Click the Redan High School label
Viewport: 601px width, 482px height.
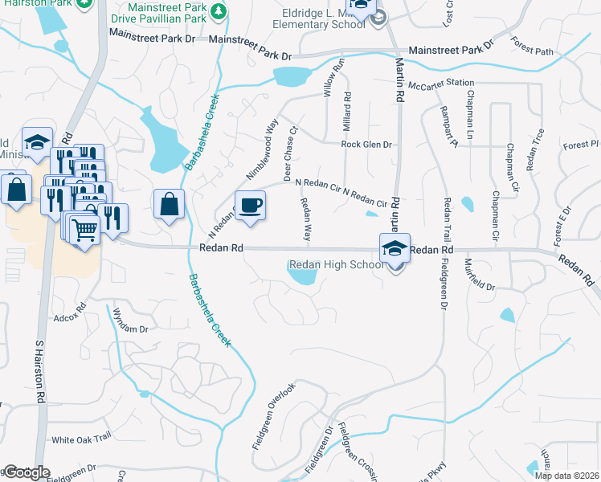(x=336, y=265)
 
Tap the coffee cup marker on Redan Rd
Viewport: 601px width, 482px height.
(x=250, y=206)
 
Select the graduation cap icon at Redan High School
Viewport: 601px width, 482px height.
(x=395, y=248)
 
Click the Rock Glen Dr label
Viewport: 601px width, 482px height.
(x=366, y=145)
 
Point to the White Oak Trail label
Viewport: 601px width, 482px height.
(x=80, y=439)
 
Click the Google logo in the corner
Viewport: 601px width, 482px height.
(x=26, y=472)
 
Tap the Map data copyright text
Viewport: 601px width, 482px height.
(x=566, y=476)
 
